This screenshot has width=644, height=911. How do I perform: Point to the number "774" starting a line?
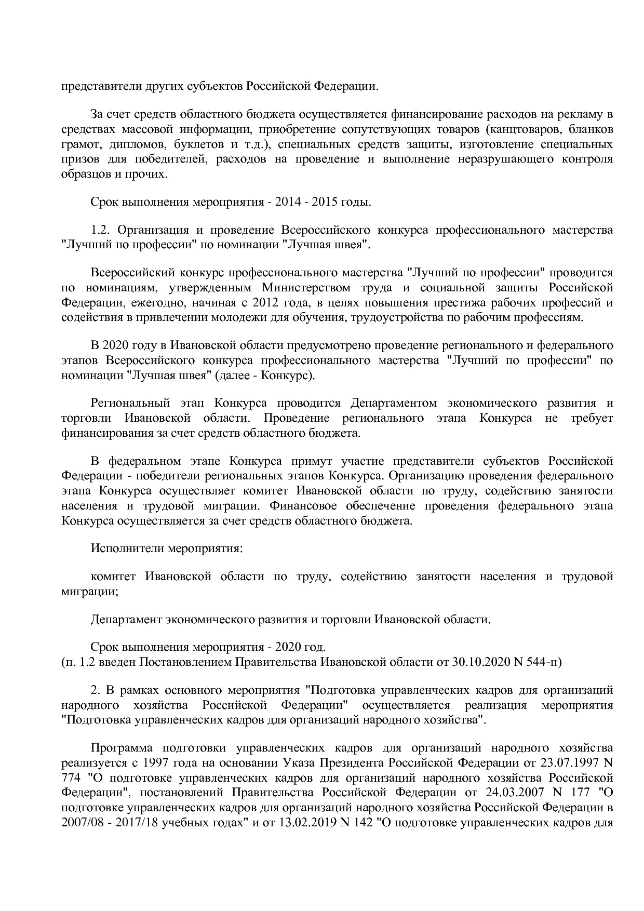(71, 778)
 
